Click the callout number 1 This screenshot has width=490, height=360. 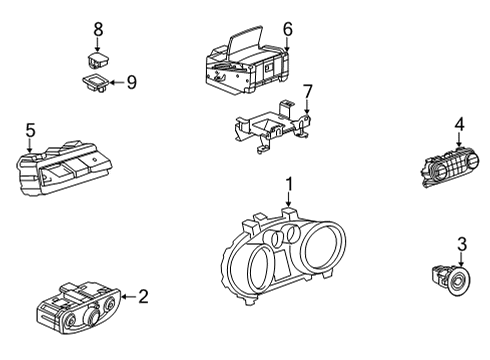pos(288,184)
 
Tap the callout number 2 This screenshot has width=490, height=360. pos(143,296)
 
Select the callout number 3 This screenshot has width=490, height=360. pos(462,243)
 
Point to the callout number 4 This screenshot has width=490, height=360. pos(459,124)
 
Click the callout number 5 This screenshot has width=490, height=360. pos(30,129)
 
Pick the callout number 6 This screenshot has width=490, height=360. pos(287,29)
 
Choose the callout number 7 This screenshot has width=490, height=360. pos(307,92)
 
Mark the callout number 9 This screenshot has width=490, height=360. pos(131,82)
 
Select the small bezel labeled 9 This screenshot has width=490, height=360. pos(96,82)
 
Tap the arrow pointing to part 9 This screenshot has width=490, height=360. pos(117,82)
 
